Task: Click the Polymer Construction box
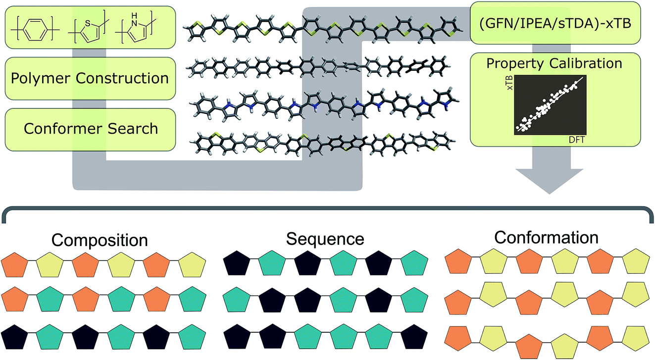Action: point(90,78)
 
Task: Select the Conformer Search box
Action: point(90,129)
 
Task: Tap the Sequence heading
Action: point(326,239)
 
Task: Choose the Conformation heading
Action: point(547,238)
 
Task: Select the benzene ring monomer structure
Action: point(35,31)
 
